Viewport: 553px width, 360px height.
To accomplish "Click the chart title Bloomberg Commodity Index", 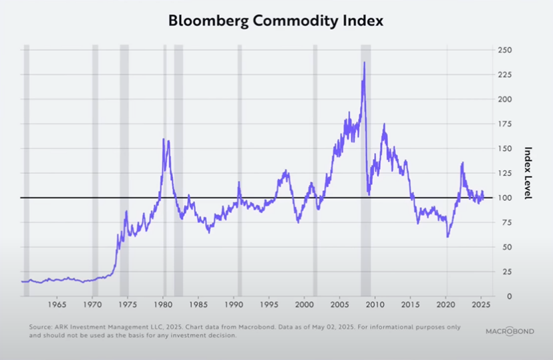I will tap(276, 21).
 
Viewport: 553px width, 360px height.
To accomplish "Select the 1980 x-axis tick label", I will tap(164, 305).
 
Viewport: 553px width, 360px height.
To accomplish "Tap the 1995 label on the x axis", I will tap(269, 305).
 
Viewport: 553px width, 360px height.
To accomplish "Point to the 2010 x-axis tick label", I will tap(375, 305).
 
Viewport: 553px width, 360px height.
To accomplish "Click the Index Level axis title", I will tap(527, 173).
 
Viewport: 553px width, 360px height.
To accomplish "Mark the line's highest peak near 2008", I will tap(364, 62).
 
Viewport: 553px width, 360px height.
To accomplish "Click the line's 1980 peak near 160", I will tap(164, 139).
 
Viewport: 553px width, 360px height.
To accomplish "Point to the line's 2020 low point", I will tap(447, 236).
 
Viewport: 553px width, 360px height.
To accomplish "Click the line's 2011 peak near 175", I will tap(384, 124).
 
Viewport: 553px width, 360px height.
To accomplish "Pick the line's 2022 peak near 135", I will tap(462, 162).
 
